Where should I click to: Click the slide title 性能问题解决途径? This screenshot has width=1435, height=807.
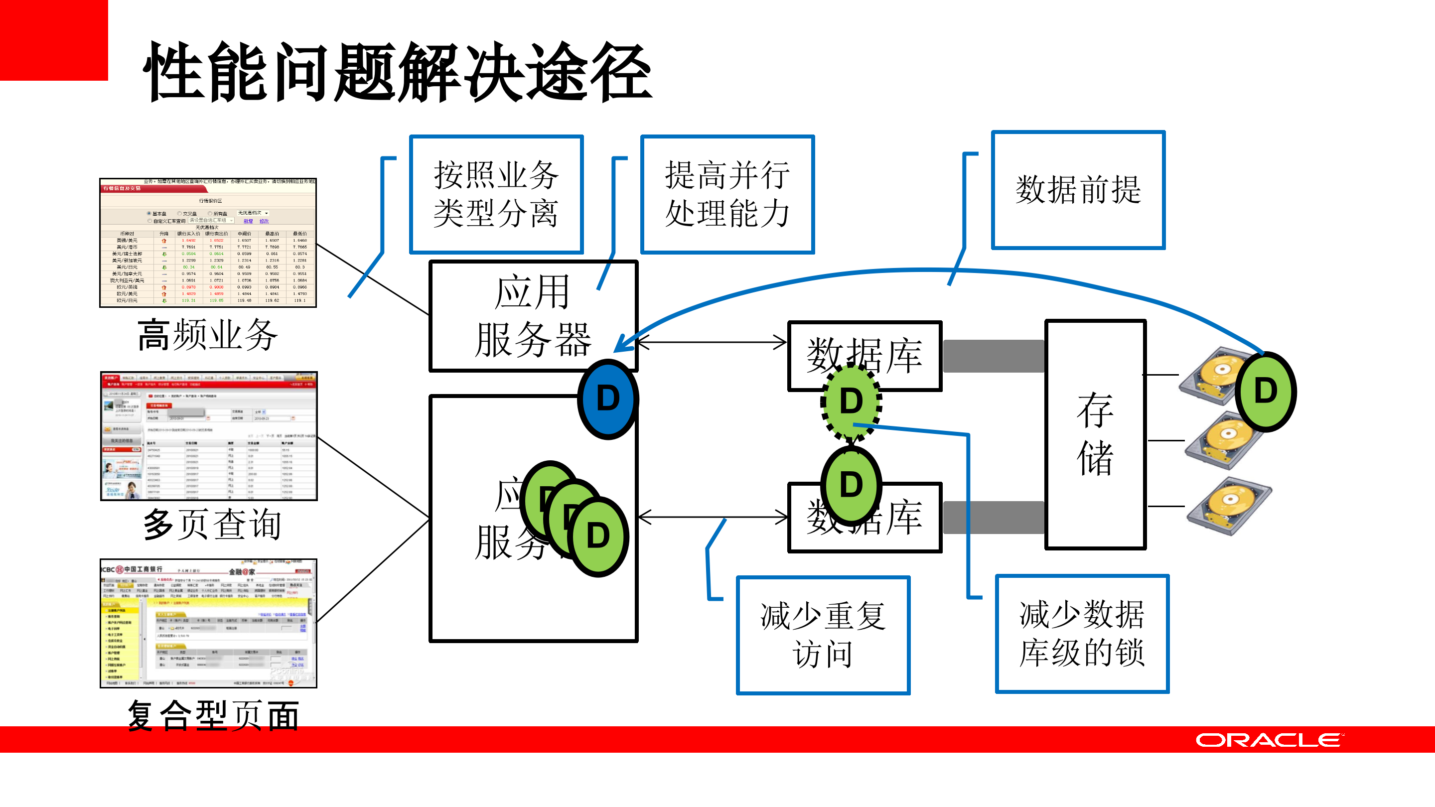point(398,72)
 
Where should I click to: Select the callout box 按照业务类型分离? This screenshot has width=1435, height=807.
point(496,194)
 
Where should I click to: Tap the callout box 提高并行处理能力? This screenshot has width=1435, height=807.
point(727,194)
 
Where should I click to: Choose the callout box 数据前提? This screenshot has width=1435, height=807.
point(1078,190)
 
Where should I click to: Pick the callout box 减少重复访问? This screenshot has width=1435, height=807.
point(823,635)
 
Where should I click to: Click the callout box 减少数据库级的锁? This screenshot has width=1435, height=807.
point(1082,634)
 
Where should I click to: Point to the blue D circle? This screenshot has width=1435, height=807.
point(608,399)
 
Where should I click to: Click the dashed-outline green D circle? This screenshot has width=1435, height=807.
point(851,401)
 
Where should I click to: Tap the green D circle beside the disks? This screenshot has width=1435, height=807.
point(1265,391)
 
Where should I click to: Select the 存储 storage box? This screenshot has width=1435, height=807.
point(1095,434)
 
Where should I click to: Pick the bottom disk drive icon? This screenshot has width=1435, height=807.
point(1229,506)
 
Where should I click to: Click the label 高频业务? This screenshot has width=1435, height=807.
point(207,335)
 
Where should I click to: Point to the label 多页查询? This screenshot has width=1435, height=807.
point(212,524)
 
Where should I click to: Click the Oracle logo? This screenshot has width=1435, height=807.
point(1270,740)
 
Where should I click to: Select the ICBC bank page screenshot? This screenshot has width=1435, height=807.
point(208,623)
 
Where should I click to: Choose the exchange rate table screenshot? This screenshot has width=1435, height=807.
point(208,243)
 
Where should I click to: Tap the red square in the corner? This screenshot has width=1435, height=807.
point(53,40)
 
